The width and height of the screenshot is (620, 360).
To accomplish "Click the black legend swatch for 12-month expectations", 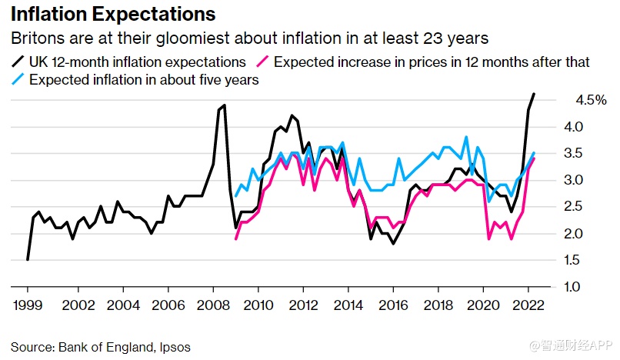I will pos(17,62).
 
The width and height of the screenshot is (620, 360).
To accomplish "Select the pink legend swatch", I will pos(263,62).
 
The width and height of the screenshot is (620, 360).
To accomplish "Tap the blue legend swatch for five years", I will pos(17,79).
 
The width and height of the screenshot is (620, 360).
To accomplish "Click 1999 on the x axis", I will pos(27,305).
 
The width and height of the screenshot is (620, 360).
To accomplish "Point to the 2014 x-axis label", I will pos(348,305).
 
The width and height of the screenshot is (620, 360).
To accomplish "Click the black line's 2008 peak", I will pos(224,105).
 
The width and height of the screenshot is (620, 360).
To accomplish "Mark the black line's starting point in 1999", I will pos(28,260).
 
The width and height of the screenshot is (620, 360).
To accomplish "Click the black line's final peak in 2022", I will pos(534,95).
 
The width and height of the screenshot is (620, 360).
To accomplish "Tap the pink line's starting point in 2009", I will pos(235,238).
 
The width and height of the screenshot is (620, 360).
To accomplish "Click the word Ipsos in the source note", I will pos(174,347).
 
